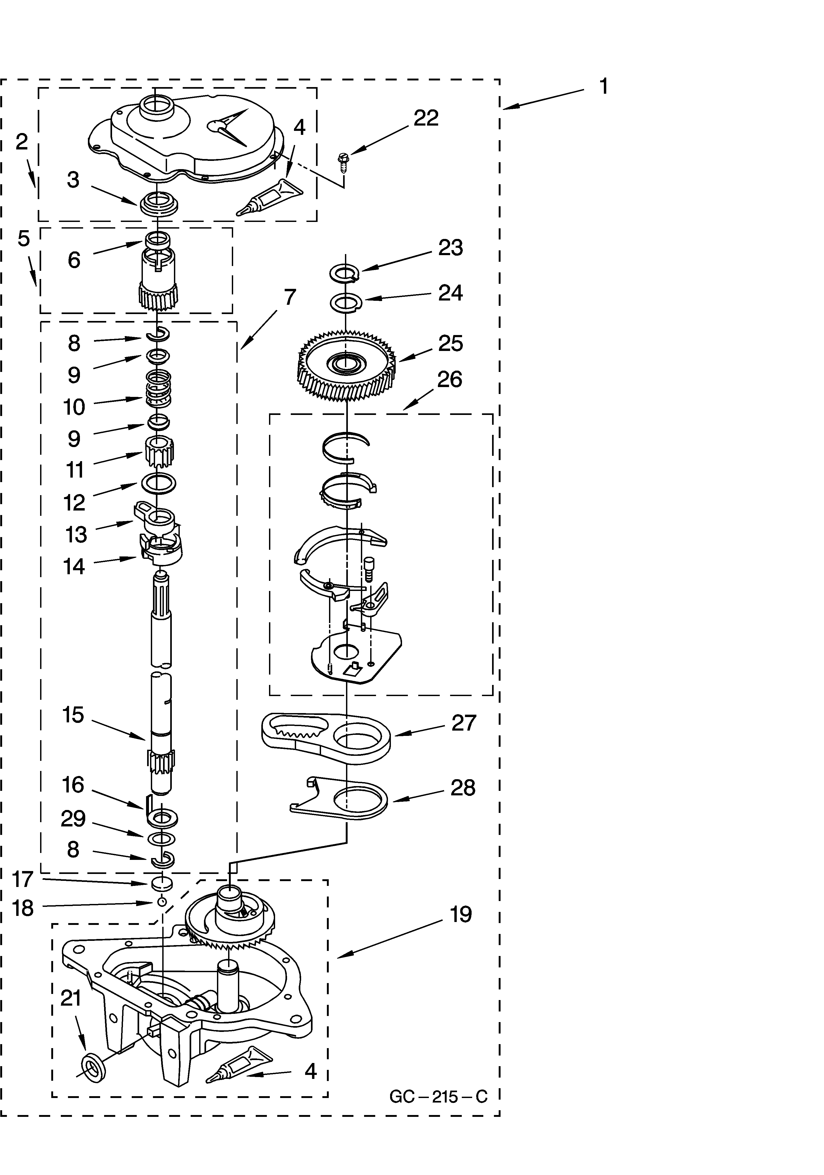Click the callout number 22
tap(426, 118)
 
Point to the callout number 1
tap(604, 87)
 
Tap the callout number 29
tap(73, 819)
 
